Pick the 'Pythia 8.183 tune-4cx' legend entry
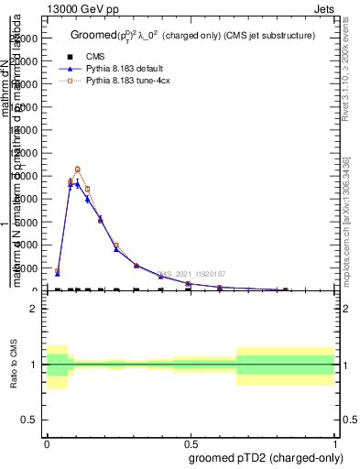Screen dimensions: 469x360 coord(131,82)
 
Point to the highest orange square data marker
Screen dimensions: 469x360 coord(78,169)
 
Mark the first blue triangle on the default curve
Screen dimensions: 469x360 coord(58,274)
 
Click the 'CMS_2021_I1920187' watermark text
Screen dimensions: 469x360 coord(190,273)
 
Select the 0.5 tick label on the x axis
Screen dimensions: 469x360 coord(191,443)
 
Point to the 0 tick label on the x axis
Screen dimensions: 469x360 coord(47,443)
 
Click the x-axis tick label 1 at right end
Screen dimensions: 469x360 coord(335,443)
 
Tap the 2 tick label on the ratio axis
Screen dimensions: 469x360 coord(32,310)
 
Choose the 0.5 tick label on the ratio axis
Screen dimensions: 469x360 coord(28,420)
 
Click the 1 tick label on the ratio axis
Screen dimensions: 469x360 coord(32,365)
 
